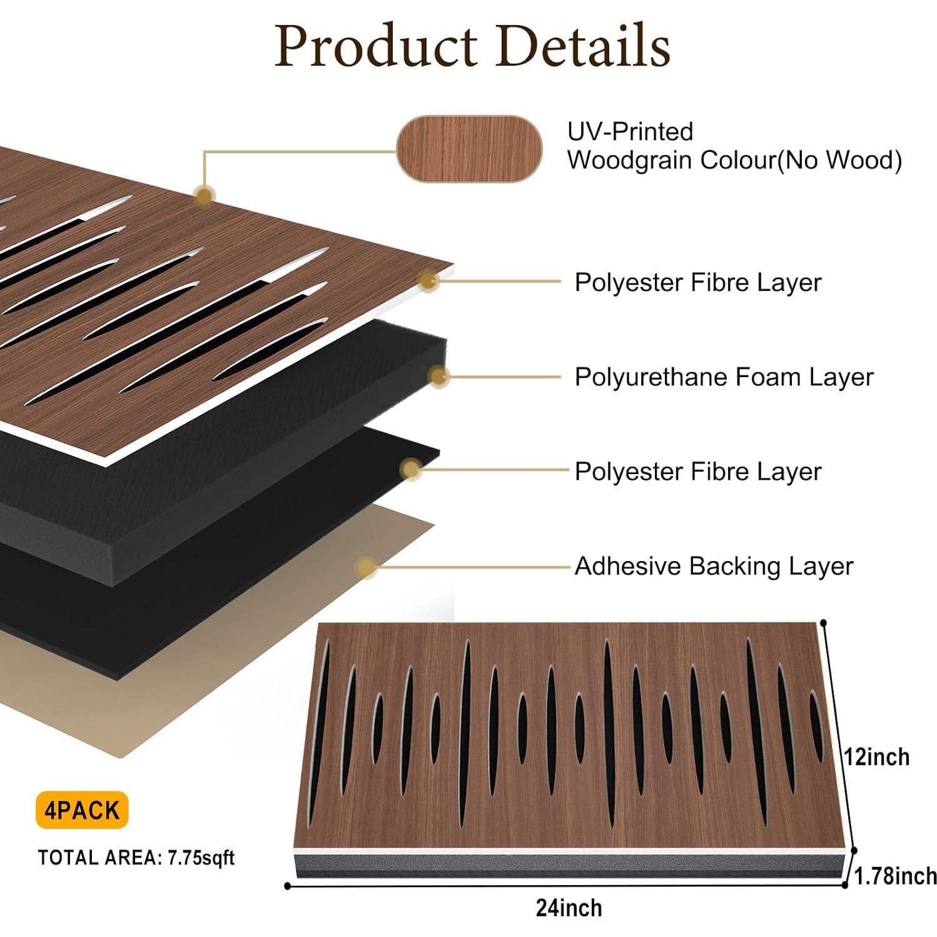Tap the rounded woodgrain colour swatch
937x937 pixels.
tap(469, 149)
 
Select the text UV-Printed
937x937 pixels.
tap(630, 131)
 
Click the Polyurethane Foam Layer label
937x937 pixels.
tap(724, 377)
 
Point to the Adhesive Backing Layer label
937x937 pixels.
tap(714, 566)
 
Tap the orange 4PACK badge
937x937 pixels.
tap(82, 810)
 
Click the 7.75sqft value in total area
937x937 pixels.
tap(201, 858)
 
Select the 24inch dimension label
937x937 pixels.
tap(569, 908)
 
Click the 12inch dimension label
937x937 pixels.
tap(877, 757)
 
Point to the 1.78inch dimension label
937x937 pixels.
tap(896, 876)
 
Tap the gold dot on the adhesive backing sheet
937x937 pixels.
tap(366, 567)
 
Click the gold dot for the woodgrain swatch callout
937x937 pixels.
tap(204, 196)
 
